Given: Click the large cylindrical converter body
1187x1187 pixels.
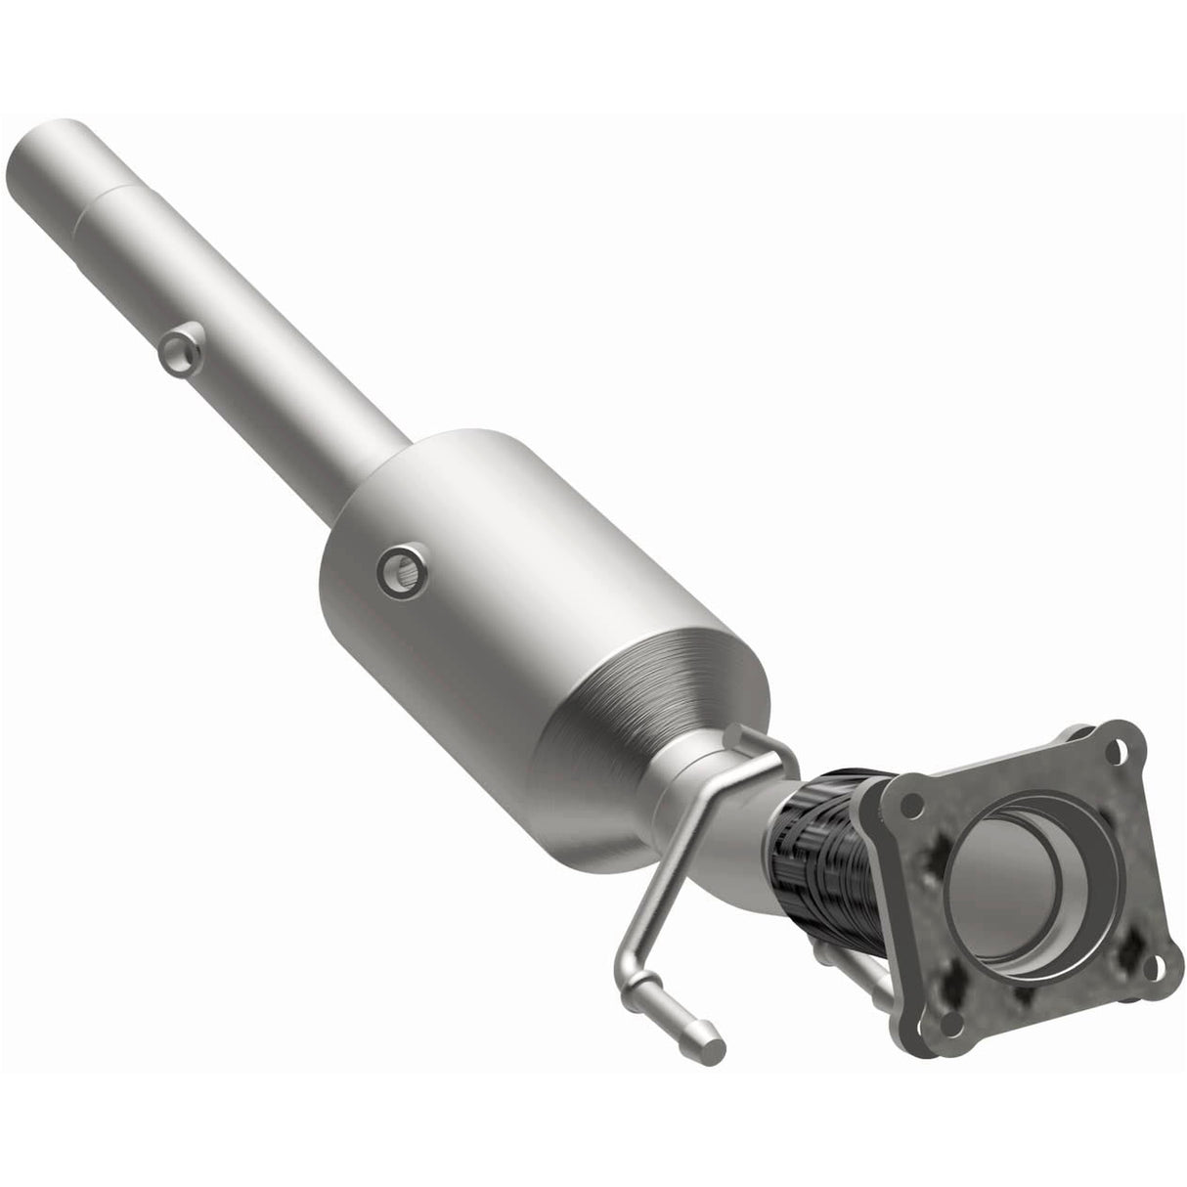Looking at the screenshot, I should pos(489,587).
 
